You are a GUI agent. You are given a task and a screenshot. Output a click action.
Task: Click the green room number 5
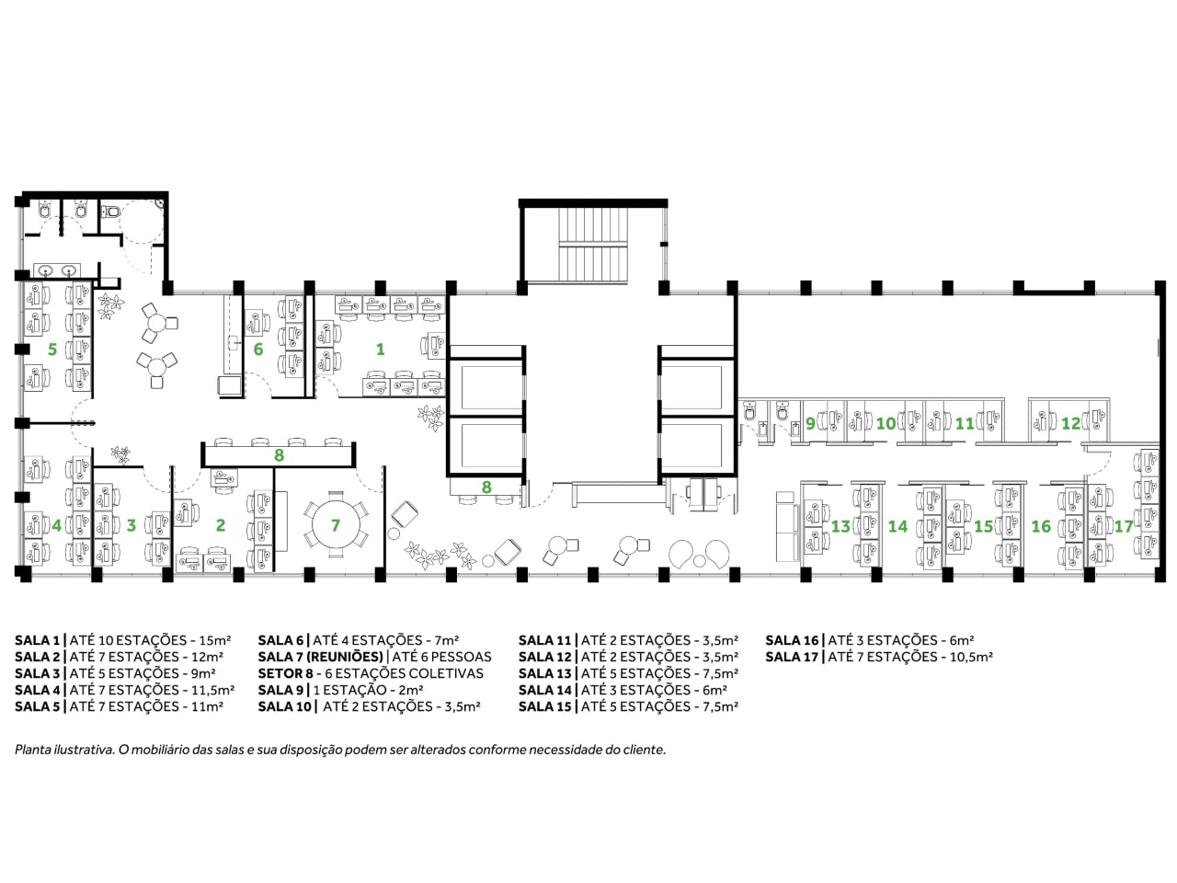tap(52, 349)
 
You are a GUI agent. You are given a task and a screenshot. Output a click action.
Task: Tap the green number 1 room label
tap(380, 349)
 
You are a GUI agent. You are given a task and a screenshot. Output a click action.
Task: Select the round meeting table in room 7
tap(335, 524)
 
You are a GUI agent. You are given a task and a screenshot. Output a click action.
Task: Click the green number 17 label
tap(1124, 526)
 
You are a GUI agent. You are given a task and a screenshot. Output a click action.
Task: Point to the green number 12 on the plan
tap(1071, 423)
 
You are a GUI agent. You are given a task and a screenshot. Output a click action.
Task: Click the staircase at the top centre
tap(592, 244)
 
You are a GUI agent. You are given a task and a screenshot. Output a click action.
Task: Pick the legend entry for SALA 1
tap(123, 640)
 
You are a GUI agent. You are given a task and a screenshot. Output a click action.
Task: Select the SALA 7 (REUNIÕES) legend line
tap(374, 657)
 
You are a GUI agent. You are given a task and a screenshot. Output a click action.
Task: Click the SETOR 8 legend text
tap(371, 673)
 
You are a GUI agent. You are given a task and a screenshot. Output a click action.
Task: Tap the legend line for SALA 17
tap(879, 657)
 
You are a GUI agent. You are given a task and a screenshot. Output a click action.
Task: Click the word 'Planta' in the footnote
tap(31, 750)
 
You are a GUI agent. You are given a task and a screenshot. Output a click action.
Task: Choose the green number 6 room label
tap(257, 349)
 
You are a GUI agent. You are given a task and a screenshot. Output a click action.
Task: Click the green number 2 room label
tap(221, 525)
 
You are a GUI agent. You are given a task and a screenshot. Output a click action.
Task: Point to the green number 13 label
tap(840, 526)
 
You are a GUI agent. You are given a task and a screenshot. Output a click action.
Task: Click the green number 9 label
tap(810, 423)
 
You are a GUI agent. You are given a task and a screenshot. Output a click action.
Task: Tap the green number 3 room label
tap(131, 525)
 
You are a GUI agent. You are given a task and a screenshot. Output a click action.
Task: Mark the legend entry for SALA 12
tap(628, 657)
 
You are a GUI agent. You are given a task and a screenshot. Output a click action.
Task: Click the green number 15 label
tap(983, 526)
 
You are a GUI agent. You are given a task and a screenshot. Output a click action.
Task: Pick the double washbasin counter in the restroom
tap(57, 270)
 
